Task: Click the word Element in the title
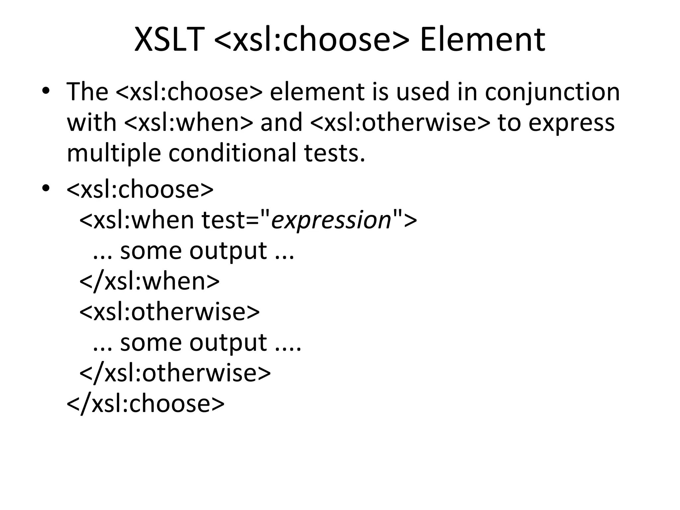[x=482, y=40]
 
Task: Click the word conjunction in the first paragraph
[x=552, y=92]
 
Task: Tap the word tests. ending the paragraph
[x=335, y=153]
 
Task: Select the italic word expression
[x=331, y=220]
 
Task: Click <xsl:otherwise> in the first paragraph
[x=400, y=123]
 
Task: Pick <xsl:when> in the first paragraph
[x=188, y=123]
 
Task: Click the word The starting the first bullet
[x=87, y=92]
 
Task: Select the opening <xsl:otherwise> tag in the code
[x=169, y=311]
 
